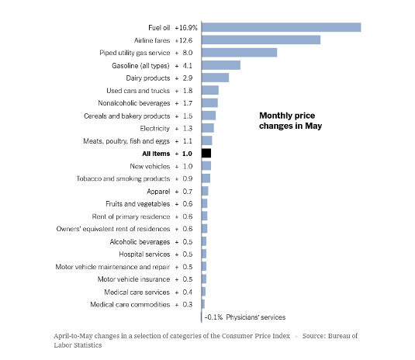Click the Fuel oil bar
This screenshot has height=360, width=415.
281,27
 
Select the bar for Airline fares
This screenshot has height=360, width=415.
261,40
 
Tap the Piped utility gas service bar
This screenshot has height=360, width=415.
239,53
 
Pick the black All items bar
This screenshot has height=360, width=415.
206,154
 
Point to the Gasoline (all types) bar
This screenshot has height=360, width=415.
221,65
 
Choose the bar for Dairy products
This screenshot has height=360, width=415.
215,78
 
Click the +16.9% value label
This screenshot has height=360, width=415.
186,28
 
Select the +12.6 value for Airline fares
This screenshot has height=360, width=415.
184,40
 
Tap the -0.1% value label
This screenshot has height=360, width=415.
213,317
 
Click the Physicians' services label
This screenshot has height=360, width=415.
256,317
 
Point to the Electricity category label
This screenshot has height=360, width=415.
155,129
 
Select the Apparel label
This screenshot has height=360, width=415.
158,192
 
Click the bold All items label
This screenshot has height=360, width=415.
156,154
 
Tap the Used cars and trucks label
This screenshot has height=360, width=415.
138,91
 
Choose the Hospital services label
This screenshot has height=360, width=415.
144,254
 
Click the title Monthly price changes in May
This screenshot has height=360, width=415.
290,121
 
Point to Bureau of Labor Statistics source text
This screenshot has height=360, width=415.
206,341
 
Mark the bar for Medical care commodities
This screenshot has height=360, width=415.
203,304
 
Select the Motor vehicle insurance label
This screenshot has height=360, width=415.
133,279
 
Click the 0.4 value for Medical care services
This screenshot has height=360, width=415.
188,292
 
